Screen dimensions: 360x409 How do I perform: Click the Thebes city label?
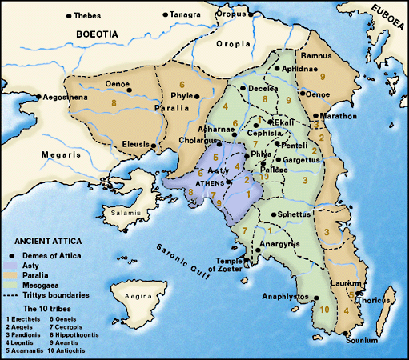coord(90,15)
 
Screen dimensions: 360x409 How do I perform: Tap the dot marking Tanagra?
coord(166,14)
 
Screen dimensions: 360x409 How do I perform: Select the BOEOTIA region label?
coord(96,34)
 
